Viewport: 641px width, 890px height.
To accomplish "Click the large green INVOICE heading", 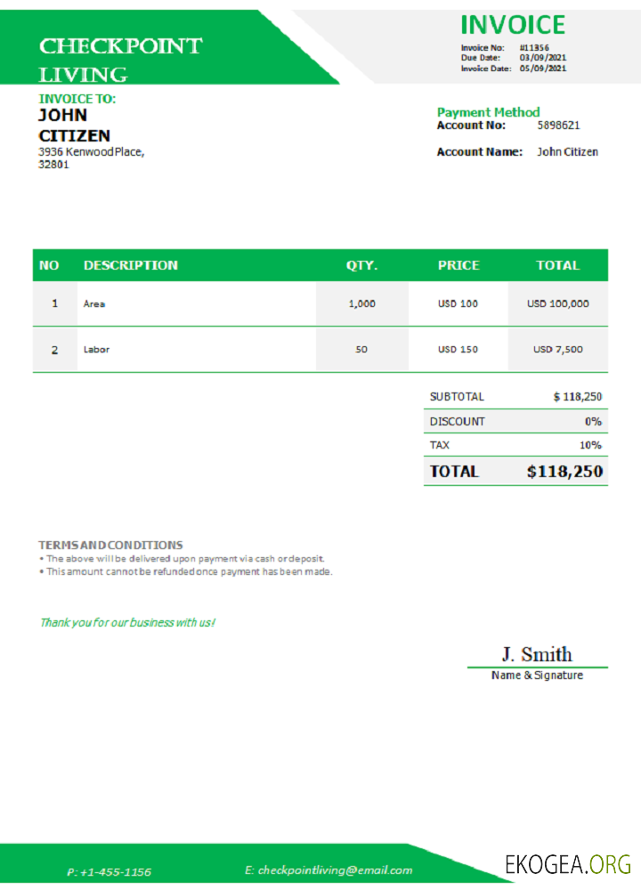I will [x=512, y=25].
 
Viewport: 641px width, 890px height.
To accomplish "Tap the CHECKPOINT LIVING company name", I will [x=120, y=59].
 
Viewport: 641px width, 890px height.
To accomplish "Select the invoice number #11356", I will [x=534, y=47].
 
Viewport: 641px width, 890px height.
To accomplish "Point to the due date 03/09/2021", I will [x=543, y=58].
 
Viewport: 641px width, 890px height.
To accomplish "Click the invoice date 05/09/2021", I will [x=543, y=69].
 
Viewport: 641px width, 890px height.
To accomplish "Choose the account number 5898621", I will [x=558, y=125].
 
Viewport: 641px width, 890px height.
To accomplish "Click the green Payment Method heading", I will [x=488, y=112].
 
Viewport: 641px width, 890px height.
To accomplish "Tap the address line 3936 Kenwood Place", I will [x=90, y=152].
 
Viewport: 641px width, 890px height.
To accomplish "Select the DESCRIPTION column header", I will [x=130, y=265].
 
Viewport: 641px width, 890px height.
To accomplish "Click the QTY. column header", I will [x=361, y=265].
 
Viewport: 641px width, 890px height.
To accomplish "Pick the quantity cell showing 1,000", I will [x=361, y=303].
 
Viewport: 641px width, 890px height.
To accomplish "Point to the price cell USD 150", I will [x=458, y=350].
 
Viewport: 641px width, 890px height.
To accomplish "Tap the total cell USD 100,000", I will [x=557, y=303].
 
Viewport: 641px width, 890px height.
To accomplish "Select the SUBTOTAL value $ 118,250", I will [x=577, y=397].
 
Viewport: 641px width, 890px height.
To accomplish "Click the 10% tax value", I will [x=590, y=445].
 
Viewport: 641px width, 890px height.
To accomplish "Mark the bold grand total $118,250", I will [x=564, y=472].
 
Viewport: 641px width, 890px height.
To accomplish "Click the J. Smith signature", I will [x=537, y=655].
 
